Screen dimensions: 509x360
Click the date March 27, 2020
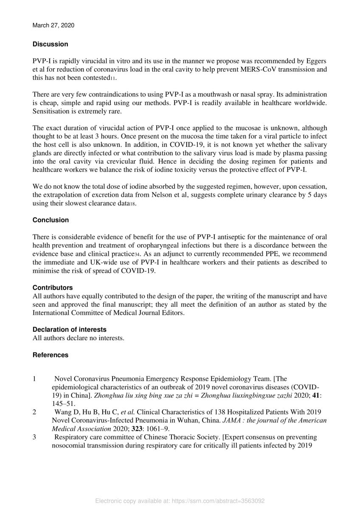[x=53, y=25]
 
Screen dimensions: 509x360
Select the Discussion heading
[x=50, y=44]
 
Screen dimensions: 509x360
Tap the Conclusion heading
[x=51, y=220]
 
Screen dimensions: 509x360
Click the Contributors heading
[x=53, y=288]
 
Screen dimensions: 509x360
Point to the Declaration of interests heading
[x=70, y=329]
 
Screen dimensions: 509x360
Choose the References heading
[x=51, y=355]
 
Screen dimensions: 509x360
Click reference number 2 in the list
[x=34, y=412]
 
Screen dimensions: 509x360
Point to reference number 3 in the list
[x=34, y=437]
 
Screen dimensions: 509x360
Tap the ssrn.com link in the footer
[x=218, y=501]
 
